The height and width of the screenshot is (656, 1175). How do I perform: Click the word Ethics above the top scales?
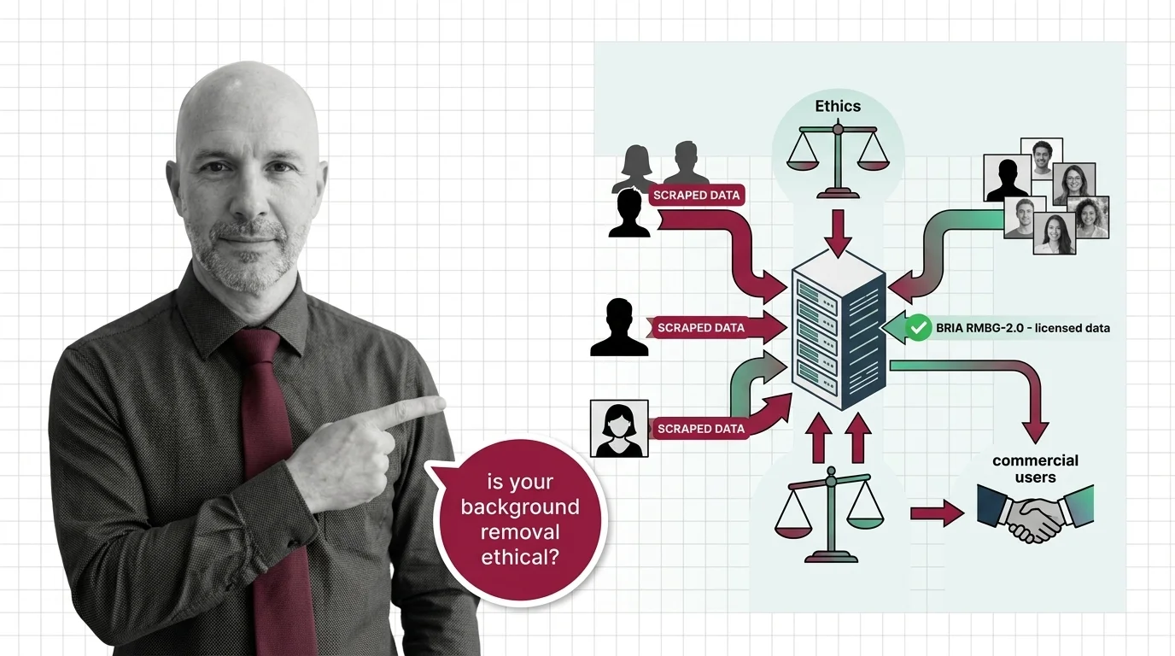(x=838, y=106)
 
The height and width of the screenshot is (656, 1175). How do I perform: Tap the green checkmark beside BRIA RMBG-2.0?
(x=918, y=327)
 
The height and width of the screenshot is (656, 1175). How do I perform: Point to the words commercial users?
(x=1035, y=469)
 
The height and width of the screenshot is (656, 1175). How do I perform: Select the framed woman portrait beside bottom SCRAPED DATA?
(x=619, y=428)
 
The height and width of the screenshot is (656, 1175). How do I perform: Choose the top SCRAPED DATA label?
(x=696, y=196)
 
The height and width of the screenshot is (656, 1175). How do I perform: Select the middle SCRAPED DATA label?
(x=700, y=328)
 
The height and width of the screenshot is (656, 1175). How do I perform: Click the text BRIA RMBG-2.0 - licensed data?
(x=1022, y=328)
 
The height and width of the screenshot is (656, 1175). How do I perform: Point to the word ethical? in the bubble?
(x=520, y=558)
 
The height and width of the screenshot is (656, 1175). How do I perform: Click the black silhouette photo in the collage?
(x=1007, y=179)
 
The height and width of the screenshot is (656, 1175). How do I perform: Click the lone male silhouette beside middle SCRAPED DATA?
(x=619, y=327)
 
